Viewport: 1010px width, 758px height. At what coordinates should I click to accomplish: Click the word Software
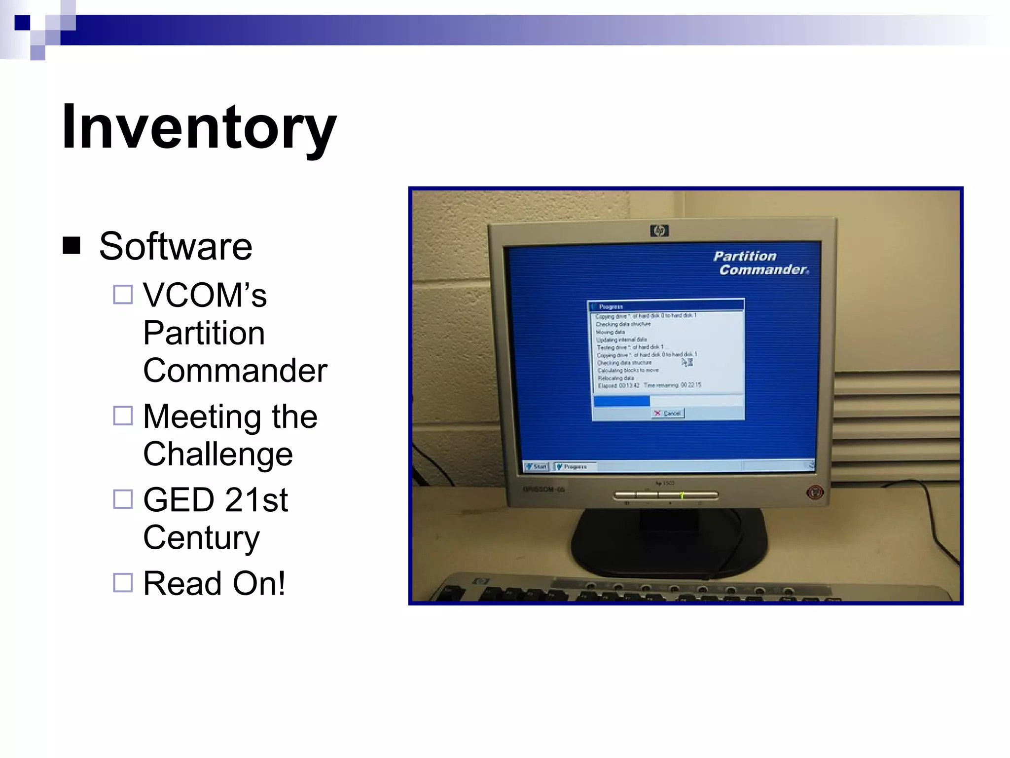176,246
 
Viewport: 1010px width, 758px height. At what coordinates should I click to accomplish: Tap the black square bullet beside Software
72,245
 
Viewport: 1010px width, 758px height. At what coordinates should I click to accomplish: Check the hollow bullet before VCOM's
123,295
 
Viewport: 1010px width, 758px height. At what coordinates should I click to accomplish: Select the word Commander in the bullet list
235,371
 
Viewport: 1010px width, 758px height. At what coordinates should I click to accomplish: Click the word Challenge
218,454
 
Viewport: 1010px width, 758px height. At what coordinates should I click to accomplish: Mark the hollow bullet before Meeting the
123,416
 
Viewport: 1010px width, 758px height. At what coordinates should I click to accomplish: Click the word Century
201,537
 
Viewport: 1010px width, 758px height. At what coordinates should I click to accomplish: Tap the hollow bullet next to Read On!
123,582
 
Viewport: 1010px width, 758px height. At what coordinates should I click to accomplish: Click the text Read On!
214,583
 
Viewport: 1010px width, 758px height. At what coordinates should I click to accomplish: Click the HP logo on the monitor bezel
659,230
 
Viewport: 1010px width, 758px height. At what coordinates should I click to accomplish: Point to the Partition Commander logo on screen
760,263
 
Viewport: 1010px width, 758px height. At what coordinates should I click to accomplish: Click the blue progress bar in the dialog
621,401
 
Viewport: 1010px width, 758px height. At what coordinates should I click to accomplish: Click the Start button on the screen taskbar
537,466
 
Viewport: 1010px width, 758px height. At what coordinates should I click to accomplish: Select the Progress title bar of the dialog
666,306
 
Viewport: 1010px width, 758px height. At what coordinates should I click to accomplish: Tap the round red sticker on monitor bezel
815,492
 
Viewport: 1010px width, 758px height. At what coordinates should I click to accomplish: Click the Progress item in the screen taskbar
575,466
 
